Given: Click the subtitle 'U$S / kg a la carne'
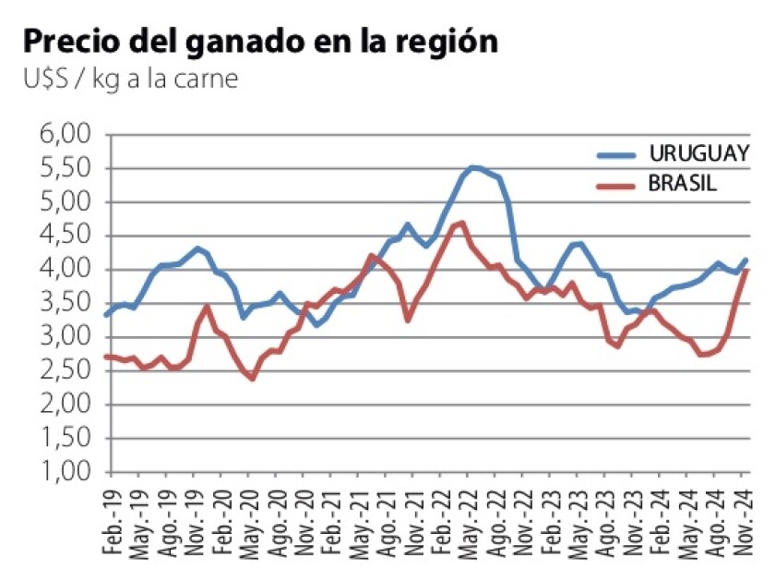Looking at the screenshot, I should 131,80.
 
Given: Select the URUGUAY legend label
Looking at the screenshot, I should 698,152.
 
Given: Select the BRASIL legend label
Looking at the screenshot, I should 683,184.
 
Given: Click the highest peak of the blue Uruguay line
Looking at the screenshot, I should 472,167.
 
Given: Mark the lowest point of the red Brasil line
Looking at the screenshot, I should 251,378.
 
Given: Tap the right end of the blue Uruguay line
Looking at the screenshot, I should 745,260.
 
